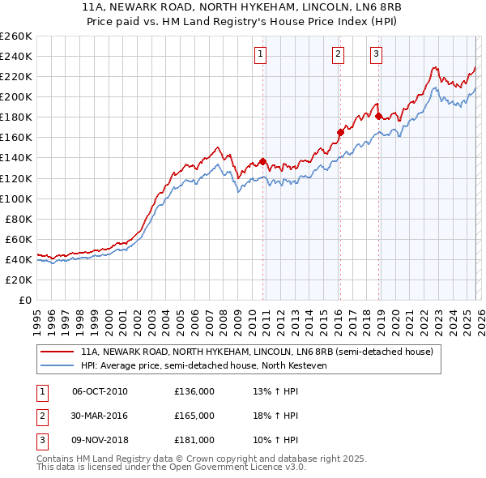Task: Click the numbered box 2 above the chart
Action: (x=338, y=54)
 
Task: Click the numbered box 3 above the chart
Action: (x=377, y=54)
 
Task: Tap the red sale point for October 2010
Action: (x=263, y=161)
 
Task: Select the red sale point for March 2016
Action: (x=340, y=132)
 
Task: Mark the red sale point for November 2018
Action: (x=378, y=116)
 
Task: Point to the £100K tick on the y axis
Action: (x=16, y=198)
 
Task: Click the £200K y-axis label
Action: (x=16, y=96)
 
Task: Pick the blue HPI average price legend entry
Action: (x=202, y=365)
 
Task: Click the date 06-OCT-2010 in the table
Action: (x=100, y=391)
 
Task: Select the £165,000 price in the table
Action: (x=194, y=416)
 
